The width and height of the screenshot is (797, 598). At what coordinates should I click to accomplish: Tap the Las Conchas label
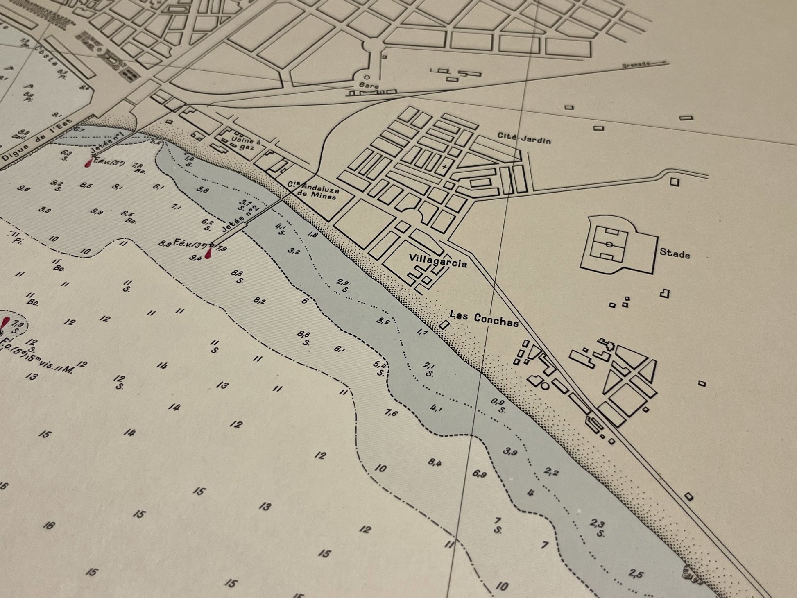[x=484, y=319]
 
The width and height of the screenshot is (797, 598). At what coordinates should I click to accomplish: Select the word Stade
[x=674, y=254]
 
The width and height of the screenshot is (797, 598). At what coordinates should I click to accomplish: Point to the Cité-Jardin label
[x=524, y=138]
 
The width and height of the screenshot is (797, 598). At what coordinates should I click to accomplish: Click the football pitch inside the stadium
[x=609, y=244]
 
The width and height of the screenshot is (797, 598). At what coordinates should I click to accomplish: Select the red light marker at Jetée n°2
[x=209, y=253]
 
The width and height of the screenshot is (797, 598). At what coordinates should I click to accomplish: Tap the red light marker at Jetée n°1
[x=88, y=163]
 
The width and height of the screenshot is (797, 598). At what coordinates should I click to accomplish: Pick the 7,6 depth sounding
[x=391, y=413]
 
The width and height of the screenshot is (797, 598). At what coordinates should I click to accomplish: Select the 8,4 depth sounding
[x=435, y=462]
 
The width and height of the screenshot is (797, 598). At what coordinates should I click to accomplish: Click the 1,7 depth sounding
[x=422, y=332]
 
